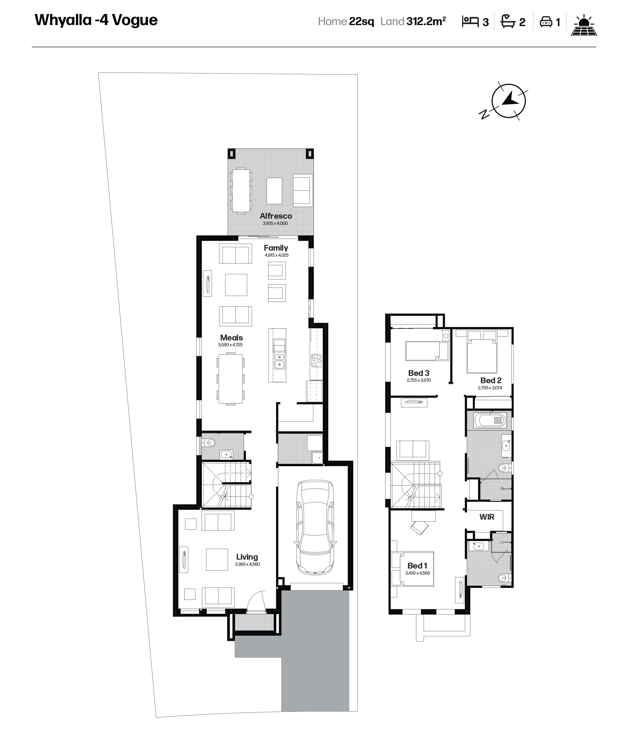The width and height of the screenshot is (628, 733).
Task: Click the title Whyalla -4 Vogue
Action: pyautogui.click(x=96, y=20)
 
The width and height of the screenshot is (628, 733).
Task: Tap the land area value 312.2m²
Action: pyautogui.click(x=426, y=21)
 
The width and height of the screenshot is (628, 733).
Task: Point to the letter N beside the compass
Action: pyautogui.click(x=484, y=114)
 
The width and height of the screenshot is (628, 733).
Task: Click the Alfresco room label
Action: pyautogui.click(x=276, y=216)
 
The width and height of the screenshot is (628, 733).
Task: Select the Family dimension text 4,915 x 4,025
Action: pyautogui.click(x=277, y=255)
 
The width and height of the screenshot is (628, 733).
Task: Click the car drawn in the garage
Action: pyautogui.click(x=315, y=527)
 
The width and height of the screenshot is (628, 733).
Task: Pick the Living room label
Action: pyautogui.click(x=247, y=557)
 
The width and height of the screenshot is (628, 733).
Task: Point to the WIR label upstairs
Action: pyautogui.click(x=487, y=517)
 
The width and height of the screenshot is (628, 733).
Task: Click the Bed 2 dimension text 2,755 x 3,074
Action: pyautogui.click(x=490, y=388)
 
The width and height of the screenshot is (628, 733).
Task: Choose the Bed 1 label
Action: pyautogui.click(x=417, y=566)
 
